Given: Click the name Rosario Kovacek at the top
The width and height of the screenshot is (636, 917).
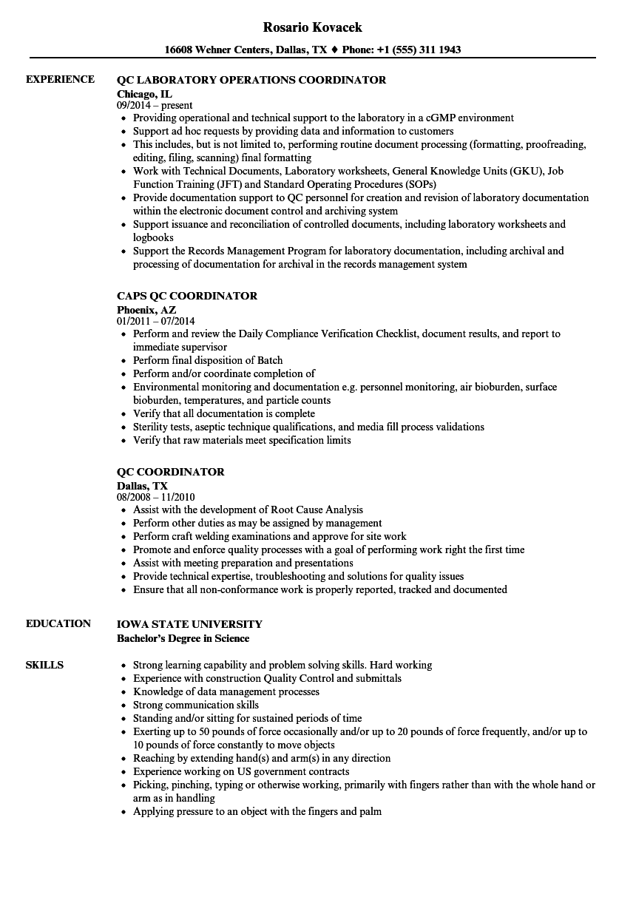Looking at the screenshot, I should click(312, 27).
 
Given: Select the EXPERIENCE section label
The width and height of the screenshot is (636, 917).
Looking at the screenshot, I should click(60, 80).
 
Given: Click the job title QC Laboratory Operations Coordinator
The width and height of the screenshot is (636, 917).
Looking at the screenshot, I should click(251, 80).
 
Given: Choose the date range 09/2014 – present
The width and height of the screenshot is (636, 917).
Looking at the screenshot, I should click(155, 105).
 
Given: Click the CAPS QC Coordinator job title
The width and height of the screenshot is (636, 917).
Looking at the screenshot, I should click(187, 296).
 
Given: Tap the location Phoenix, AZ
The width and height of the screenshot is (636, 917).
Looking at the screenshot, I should click(146, 309).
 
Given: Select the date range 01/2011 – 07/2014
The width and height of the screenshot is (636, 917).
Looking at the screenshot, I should click(156, 321).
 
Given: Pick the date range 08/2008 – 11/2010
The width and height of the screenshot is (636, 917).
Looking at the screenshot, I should click(156, 497).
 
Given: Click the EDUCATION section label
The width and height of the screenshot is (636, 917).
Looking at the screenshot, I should click(58, 623).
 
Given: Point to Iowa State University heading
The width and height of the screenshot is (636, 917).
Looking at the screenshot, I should click(189, 624).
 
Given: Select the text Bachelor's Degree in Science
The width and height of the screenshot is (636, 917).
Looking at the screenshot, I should click(183, 638).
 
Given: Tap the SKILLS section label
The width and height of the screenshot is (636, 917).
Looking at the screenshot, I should click(44, 665).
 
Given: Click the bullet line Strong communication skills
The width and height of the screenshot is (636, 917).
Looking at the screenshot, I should click(196, 705).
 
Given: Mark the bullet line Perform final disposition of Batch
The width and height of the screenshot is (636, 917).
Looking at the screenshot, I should click(208, 360).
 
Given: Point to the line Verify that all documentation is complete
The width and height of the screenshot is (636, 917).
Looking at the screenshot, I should click(224, 413).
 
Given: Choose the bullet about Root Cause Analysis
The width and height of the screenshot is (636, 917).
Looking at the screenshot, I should click(248, 510).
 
